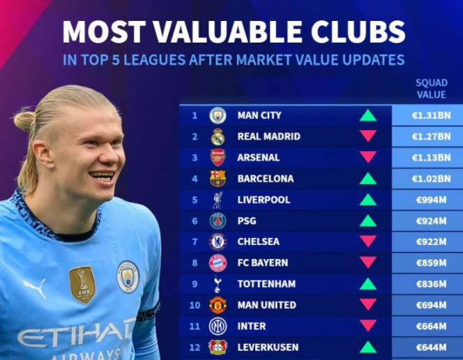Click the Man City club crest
218,115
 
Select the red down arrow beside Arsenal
368,157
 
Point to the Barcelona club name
265,179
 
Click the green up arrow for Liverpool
368,200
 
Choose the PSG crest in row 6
218,221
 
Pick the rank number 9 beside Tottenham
195,284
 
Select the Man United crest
218,305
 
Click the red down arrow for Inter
368,326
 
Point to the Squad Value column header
432,89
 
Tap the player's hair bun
24,122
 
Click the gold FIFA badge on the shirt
82,284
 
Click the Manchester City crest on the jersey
128,276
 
